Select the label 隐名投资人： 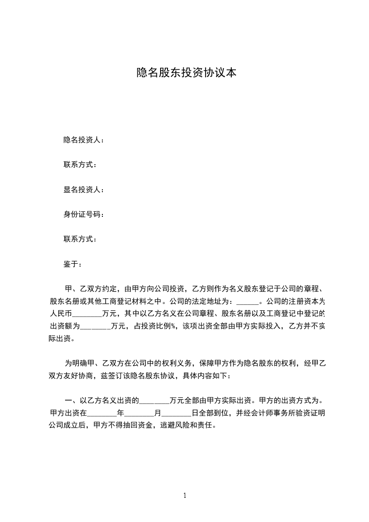pyautogui.click(x=83, y=140)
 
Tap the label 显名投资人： pyautogui.click(x=83, y=189)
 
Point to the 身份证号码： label pyautogui.click(x=83, y=214)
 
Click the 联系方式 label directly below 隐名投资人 pyautogui.click(x=80, y=165)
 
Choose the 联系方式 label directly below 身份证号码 pyautogui.click(x=80, y=240)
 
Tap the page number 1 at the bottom pyautogui.click(x=185, y=495)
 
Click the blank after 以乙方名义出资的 pyautogui.click(x=154, y=400)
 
